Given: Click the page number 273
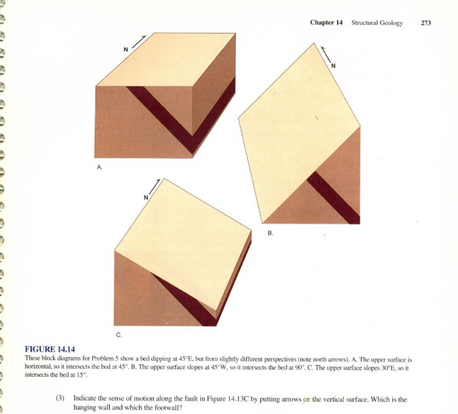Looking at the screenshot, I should coord(426,23).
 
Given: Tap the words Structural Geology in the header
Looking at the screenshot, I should coord(377,23).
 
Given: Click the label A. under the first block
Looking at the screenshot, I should coord(99,167).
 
